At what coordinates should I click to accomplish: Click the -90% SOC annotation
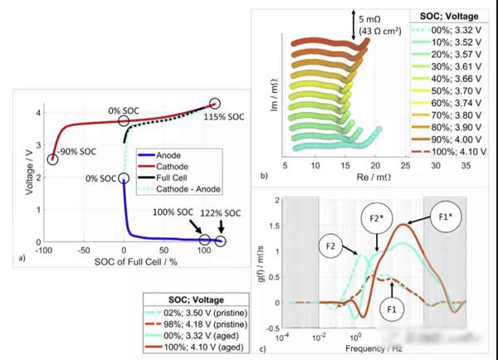(78, 151)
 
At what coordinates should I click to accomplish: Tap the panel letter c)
(262, 348)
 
